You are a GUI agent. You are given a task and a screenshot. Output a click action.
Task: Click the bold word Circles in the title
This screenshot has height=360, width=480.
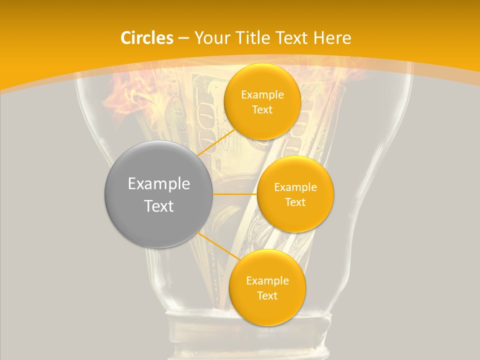coord(147,37)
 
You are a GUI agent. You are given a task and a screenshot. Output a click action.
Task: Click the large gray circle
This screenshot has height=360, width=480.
coord(159,194)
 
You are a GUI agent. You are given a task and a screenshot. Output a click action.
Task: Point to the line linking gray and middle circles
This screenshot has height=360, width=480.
coord(235,193)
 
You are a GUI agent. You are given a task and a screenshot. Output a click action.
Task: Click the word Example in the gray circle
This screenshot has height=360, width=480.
coord(159,184)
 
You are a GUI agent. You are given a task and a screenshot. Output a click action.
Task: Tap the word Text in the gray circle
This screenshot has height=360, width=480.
coord(159,206)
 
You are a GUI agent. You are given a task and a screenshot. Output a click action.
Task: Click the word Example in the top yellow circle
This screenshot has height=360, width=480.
coord(262,94)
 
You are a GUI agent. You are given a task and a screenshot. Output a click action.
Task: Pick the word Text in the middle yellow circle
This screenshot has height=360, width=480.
coord(295,202)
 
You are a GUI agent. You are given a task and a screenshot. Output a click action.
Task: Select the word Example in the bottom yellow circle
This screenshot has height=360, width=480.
coord(267,280)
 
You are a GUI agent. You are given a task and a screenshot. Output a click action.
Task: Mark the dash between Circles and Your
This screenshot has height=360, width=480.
coord(183,38)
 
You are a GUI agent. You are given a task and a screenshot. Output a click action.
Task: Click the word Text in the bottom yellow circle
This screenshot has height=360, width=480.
coord(267,295)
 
